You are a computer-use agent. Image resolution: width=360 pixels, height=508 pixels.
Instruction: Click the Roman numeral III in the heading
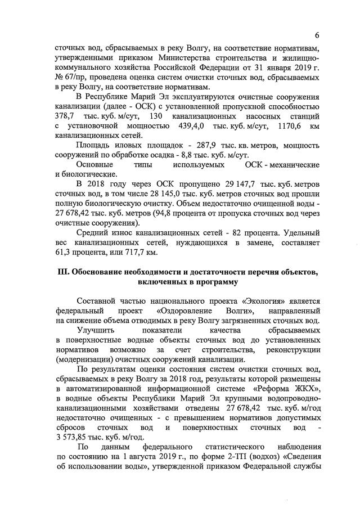point(64,272)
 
